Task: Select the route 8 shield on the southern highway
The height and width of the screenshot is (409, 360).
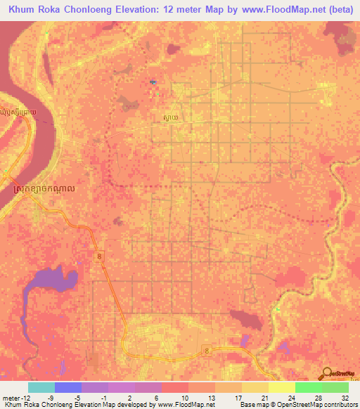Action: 206,349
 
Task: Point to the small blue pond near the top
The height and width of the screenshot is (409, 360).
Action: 153,83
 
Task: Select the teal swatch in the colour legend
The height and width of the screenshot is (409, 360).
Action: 41,387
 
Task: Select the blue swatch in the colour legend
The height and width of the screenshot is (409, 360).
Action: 67,387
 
